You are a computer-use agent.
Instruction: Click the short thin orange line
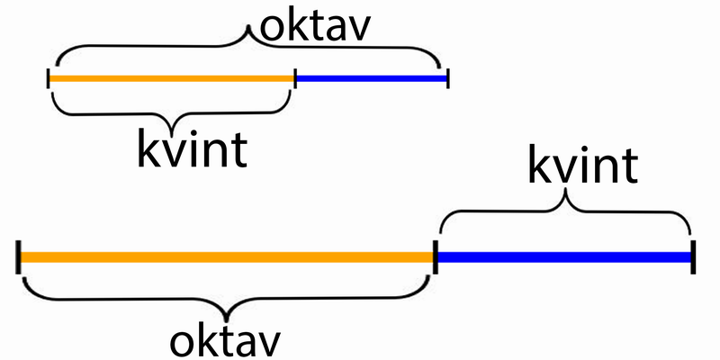(x=171, y=79)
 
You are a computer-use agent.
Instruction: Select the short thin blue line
(x=371, y=79)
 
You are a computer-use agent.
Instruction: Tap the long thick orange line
(x=225, y=257)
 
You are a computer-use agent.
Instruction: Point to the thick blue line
(x=563, y=257)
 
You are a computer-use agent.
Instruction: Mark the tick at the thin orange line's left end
(x=49, y=79)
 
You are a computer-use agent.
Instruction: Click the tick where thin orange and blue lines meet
(x=294, y=79)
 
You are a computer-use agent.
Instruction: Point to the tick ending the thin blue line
(x=447, y=79)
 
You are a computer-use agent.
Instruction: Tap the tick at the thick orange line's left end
(x=18, y=256)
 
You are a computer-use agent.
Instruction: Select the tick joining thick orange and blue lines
(x=436, y=256)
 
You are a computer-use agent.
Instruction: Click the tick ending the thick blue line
(x=693, y=256)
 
